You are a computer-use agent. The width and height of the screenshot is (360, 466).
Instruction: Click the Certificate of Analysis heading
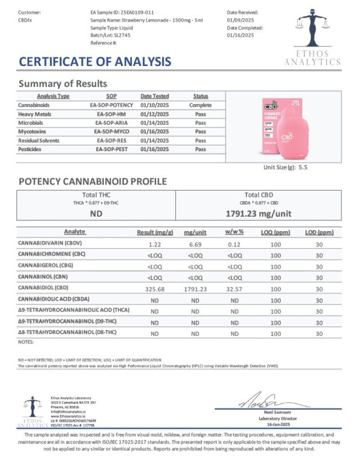pos(95,61)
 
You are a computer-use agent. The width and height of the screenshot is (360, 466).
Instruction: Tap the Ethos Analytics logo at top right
pos(312,36)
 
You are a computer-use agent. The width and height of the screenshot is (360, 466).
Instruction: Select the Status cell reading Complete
pos(200,104)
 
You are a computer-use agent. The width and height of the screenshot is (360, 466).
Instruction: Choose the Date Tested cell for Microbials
pos(155,122)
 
